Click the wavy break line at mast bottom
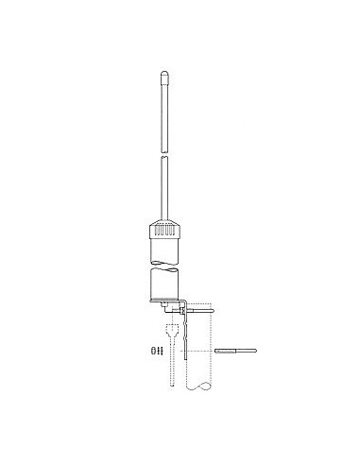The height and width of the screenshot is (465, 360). (202, 388)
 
